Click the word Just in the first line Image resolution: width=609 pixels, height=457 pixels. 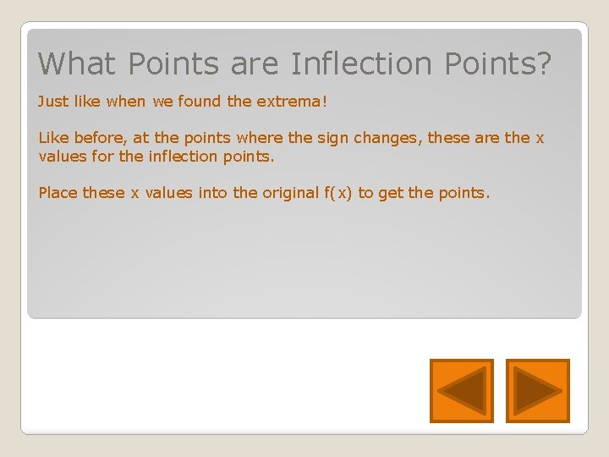pos(52,102)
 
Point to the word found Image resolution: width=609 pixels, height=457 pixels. pos(201,102)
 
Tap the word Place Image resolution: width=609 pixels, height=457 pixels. pos(58,193)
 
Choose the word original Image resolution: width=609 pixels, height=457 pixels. pos(289,193)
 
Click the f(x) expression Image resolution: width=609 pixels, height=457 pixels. pos(337,193)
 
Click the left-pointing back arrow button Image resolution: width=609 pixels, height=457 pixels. pos(461,391)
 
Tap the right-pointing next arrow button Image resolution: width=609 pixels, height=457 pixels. pos(538,391)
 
